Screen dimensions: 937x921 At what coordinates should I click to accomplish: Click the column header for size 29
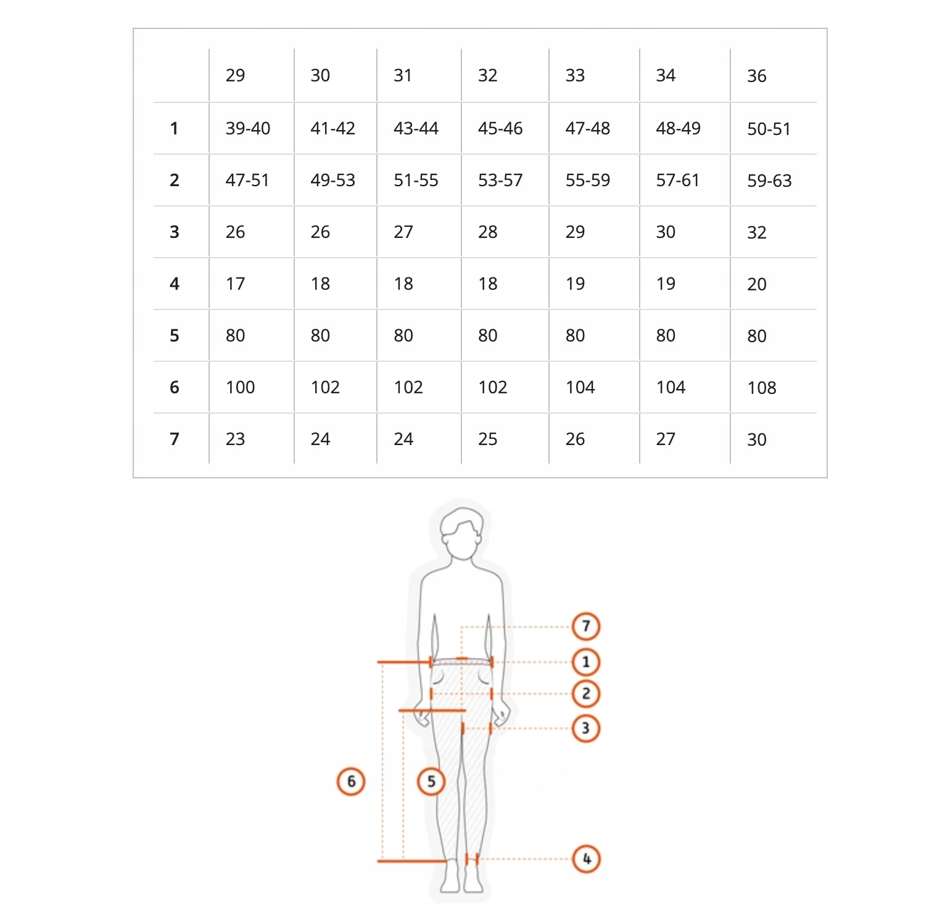(235, 75)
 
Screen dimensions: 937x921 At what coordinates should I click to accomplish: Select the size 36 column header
(757, 76)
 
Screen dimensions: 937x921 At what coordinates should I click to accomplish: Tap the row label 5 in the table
(175, 335)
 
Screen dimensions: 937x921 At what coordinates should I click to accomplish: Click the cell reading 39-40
(248, 128)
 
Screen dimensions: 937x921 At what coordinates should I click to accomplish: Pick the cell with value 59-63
(769, 181)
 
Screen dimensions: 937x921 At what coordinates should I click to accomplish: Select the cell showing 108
(762, 388)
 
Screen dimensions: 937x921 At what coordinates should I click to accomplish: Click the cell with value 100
(240, 387)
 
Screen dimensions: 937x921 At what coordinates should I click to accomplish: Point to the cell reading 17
(235, 284)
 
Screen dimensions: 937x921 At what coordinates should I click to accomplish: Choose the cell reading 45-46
(500, 128)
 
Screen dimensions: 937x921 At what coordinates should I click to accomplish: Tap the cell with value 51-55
(416, 180)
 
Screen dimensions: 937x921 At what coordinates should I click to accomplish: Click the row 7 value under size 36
(757, 440)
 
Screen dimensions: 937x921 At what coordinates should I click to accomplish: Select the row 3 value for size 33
(575, 232)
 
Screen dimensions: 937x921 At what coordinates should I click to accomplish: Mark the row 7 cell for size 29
(235, 439)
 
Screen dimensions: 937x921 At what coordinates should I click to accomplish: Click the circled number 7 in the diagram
(586, 626)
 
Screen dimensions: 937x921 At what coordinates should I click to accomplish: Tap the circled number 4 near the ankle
(586, 859)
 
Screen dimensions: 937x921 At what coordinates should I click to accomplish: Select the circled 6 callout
(351, 782)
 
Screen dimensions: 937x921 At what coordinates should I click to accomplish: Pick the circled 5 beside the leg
(431, 782)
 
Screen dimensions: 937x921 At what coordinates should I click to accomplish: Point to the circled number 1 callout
(586, 663)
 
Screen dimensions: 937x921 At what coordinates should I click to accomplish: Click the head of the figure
(461, 533)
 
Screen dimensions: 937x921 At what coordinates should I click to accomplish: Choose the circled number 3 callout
(586, 728)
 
